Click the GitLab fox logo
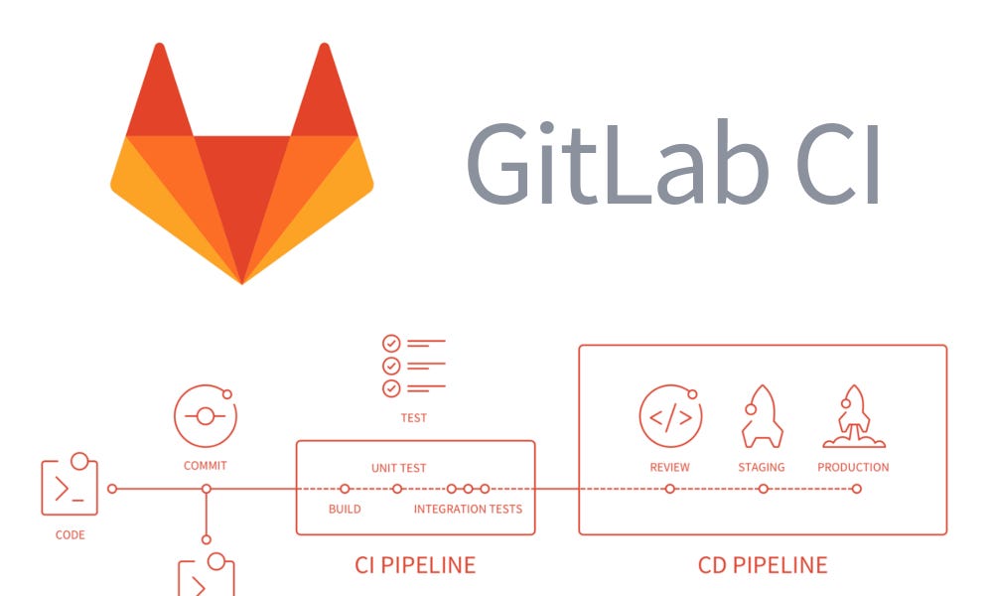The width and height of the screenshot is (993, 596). [x=241, y=164]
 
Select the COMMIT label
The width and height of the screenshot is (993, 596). [x=206, y=465]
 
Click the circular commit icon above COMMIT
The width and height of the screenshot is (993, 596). [x=206, y=415]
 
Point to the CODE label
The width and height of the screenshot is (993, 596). [x=70, y=535]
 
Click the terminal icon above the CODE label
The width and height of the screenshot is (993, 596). [x=70, y=487]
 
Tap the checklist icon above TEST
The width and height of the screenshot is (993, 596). [x=413, y=366]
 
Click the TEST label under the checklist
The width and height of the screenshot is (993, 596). [x=413, y=418]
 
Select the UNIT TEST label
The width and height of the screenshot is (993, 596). [x=399, y=467]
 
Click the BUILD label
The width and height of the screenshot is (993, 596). [x=345, y=510]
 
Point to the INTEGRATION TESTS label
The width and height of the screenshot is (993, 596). [x=468, y=510]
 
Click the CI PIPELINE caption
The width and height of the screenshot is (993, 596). [x=415, y=565]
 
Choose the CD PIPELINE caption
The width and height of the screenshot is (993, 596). [x=763, y=565]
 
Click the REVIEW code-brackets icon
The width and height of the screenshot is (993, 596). [x=670, y=415]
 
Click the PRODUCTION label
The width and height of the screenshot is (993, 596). [x=853, y=467]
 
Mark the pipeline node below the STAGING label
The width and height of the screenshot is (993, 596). [x=764, y=489]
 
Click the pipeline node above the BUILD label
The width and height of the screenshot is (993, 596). [x=345, y=489]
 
